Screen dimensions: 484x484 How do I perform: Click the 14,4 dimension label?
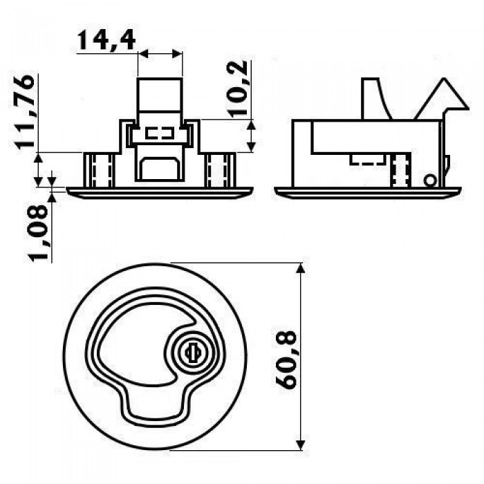coord(106,40)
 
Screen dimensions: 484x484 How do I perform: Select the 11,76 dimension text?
coord(25,112)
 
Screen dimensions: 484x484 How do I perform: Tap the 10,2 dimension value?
coord(239,89)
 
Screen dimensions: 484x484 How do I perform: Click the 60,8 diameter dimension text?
coord(286,360)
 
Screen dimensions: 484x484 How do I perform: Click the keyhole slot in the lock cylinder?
coord(193,353)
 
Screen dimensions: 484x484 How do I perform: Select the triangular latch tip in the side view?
coord(441,99)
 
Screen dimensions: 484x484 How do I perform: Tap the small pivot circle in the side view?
coord(430,181)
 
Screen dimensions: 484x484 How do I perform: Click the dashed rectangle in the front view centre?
coord(160,133)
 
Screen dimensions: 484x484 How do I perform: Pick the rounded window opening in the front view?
coord(160,169)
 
